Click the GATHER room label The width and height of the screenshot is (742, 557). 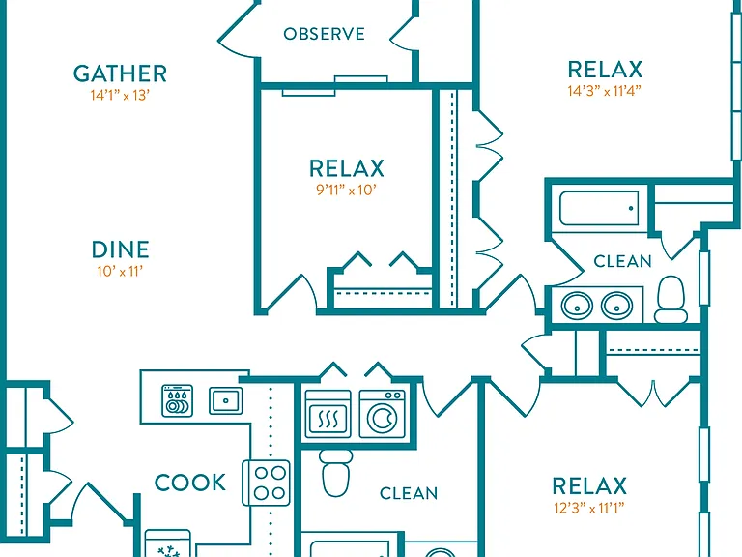[x=120, y=73]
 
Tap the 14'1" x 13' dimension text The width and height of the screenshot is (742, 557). [x=120, y=95]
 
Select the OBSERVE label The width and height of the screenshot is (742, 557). [x=325, y=34]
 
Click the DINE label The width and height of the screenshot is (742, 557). [x=120, y=249]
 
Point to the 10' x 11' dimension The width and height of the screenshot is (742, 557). [x=120, y=272]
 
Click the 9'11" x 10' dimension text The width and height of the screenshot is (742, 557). [x=347, y=190]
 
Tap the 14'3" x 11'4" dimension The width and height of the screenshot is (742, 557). [x=605, y=91]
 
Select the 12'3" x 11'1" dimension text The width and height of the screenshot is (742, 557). [x=589, y=508]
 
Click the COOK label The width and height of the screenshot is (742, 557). [x=190, y=483]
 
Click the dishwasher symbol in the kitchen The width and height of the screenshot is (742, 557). [x=178, y=400]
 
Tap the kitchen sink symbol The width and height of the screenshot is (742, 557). [x=226, y=400]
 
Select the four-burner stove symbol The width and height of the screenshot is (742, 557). [x=266, y=483]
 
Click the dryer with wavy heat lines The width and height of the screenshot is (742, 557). [x=328, y=414]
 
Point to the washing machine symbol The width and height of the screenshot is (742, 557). [x=383, y=414]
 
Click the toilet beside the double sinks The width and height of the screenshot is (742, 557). [x=671, y=300]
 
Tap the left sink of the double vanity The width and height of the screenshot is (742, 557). [x=577, y=306]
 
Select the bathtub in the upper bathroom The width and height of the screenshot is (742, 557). [x=599, y=209]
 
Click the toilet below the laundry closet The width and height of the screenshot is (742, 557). [x=335, y=473]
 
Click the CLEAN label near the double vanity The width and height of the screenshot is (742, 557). [x=622, y=261]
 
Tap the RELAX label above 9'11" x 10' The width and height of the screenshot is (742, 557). [x=347, y=168]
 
